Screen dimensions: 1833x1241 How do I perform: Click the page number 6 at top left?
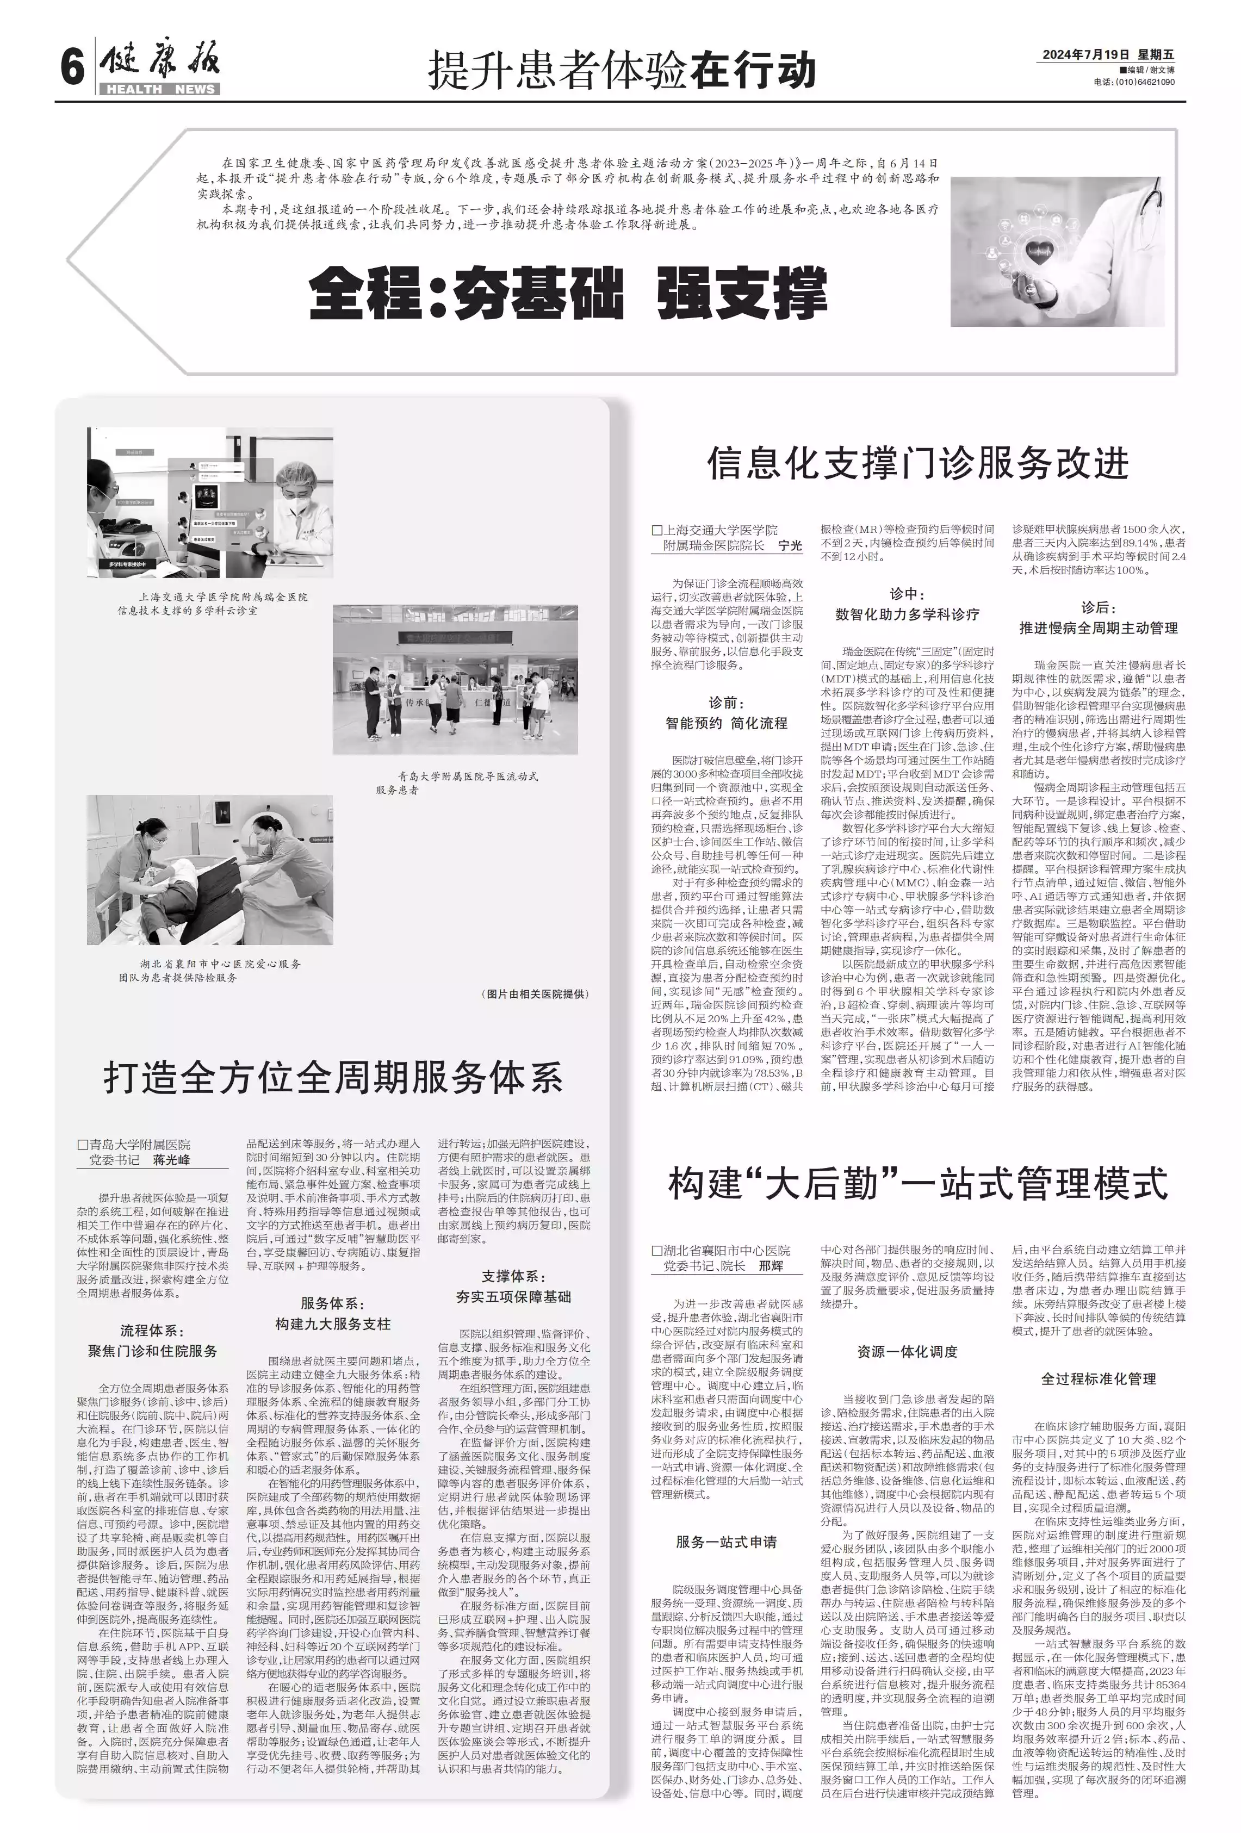(72, 66)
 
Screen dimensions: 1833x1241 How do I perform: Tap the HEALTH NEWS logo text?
(160, 89)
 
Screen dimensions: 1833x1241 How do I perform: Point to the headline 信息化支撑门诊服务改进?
(917, 463)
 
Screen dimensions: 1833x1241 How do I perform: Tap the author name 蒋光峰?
(171, 1159)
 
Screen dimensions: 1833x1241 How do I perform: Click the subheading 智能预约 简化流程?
(727, 723)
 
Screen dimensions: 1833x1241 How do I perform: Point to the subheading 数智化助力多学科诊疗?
(907, 614)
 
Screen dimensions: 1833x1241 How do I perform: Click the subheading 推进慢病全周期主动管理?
(1098, 628)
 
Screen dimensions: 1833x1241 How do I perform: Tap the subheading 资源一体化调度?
(907, 1352)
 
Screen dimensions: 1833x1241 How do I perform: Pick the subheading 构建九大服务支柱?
(333, 1324)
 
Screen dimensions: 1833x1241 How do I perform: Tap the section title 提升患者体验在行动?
(621, 70)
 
